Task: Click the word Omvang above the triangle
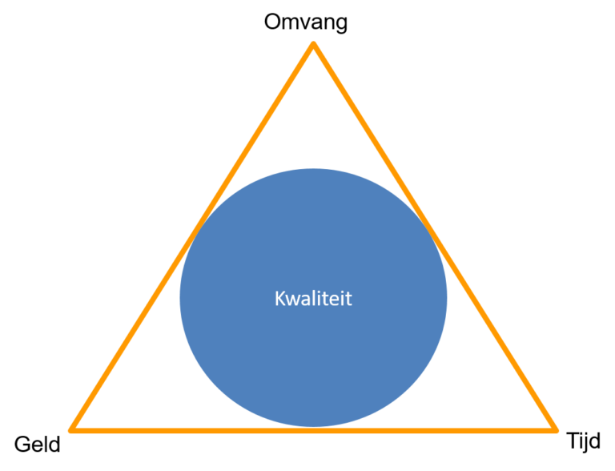click(x=306, y=22)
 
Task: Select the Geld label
click(x=38, y=445)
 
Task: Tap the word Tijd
click(x=583, y=442)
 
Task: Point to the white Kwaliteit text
click(x=313, y=298)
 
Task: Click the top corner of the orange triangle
click(x=313, y=43)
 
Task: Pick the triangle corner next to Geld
click(x=70, y=431)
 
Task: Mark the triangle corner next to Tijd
click(x=557, y=431)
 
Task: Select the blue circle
click(x=313, y=297)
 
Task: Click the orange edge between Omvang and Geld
click(x=192, y=236)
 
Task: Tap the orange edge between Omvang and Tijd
click(x=435, y=236)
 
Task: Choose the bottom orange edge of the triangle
click(x=313, y=431)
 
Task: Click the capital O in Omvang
click(x=273, y=22)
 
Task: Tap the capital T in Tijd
click(x=573, y=440)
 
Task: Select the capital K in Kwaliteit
click(x=280, y=298)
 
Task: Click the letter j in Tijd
click(x=585, y=443)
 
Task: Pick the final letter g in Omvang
click(x=341, y=24)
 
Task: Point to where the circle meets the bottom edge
click(x=313, y=428)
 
